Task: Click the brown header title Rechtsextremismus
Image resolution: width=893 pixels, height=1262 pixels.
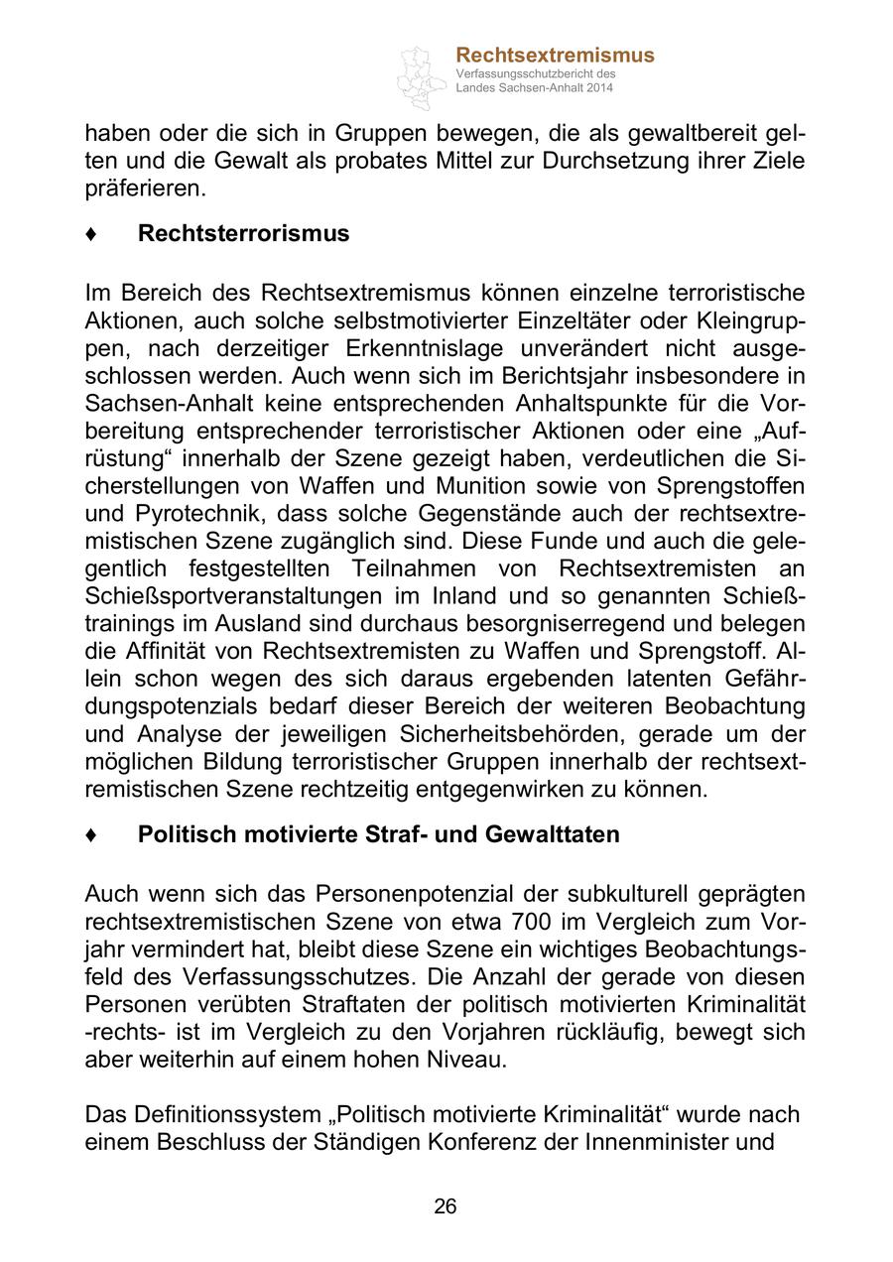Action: click(x=555, y=56)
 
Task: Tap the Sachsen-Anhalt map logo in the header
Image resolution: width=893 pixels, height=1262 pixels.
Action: click(x=422, y=77)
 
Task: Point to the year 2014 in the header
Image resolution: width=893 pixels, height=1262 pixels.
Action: click(x=599, y=88)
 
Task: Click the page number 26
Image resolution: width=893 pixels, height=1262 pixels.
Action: click(x=446, y=1206)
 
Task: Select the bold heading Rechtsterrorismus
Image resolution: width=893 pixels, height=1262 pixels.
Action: click(x=243, y=233)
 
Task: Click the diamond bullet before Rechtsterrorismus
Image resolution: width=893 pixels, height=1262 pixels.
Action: click(x=91, y=234)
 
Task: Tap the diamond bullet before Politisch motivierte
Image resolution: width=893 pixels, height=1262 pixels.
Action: click(x=91, y=835)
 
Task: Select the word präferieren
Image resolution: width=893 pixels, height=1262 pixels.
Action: click(x=145, y=187)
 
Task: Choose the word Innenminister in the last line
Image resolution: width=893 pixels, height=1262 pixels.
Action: click(x=655, y=1141)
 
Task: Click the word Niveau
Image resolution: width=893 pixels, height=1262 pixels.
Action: click(x=463, y=1059)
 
